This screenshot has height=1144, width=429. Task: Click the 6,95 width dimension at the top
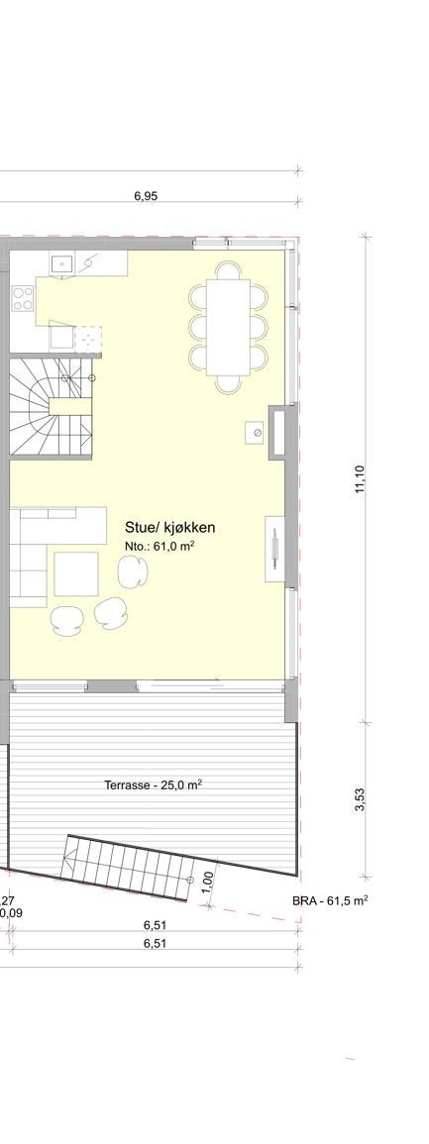[x=146, y=196]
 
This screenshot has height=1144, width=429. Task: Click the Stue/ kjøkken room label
[x=170, y=528]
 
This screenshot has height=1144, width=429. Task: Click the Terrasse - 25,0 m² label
[x=154, y=785]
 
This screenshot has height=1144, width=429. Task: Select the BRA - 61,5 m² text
[x=330, y=900]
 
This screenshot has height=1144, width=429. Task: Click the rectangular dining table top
[x=229, y=327]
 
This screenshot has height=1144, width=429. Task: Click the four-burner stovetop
[x=22, y=298]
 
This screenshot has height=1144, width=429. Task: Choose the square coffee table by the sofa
[x=76, y=573]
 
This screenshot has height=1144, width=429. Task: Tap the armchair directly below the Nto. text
[x=132, y=570]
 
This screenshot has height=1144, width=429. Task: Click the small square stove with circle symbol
[x=256, y=432]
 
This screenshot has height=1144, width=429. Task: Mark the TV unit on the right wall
[x=274, y=549]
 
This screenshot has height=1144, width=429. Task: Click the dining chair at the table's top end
[x=230, y=270]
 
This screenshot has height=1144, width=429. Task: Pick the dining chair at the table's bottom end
[x=229, y=383]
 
